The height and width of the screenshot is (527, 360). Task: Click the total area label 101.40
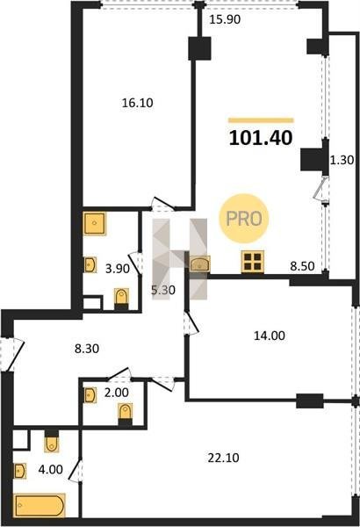(x=261, y=138)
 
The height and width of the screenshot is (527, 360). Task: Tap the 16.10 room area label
(x=137, y=103)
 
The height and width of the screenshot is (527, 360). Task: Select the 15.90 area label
(x=225, y=20)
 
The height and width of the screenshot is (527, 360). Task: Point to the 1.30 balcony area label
(x=342, y=160)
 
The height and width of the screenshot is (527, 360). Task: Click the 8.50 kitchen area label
(x=303, y=266)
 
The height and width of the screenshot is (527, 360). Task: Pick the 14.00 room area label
(x=270, y=336)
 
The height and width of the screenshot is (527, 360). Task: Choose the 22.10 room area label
(x=223, y=458)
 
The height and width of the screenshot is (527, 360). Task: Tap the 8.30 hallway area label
(x=87, y=349)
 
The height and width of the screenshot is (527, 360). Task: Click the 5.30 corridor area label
(x=163, y=290)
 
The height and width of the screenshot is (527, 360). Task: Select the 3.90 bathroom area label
(x=118, y=269)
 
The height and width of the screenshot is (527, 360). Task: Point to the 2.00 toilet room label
(x=116, y=393)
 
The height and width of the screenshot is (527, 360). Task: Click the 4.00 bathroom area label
(x=50, y=470)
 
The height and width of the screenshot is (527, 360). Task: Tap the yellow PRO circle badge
(x=244, y=219)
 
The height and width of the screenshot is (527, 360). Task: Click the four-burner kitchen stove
(x=252, y=262)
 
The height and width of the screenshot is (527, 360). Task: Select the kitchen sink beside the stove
(x=200, y=263)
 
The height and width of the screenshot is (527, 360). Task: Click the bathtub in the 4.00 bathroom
(x=40, y=505)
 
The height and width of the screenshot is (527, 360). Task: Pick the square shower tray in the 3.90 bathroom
(x=95, y=223)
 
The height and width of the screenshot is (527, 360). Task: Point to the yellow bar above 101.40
(x=261, y=120)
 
